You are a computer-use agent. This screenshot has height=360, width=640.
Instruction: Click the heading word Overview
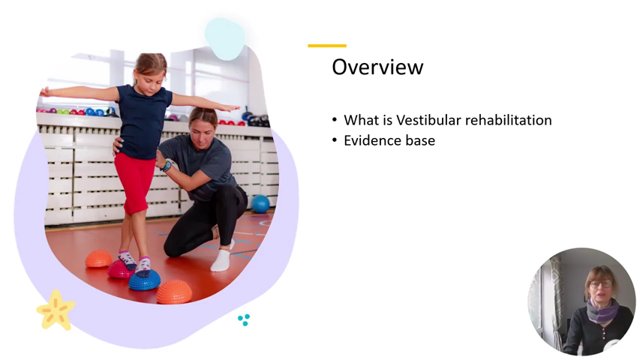[377, 67]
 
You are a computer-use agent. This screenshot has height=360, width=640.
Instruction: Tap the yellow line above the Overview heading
[327, 46]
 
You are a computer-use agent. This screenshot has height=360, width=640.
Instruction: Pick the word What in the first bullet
[359, 120]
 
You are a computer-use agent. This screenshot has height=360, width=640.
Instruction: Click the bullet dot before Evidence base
[335, 140]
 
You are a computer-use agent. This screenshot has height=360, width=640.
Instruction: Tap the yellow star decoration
[56, 310]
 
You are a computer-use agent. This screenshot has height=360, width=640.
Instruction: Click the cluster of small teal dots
[244, 319]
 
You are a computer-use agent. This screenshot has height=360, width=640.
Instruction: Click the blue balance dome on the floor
[144, 280]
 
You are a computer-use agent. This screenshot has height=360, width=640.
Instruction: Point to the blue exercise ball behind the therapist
[260, 203]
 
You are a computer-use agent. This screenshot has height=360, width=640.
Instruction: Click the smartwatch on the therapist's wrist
[167, 165]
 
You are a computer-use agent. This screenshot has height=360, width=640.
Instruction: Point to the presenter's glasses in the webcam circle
[600, 285]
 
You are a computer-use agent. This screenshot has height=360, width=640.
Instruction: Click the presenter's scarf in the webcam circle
[602, 310]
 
